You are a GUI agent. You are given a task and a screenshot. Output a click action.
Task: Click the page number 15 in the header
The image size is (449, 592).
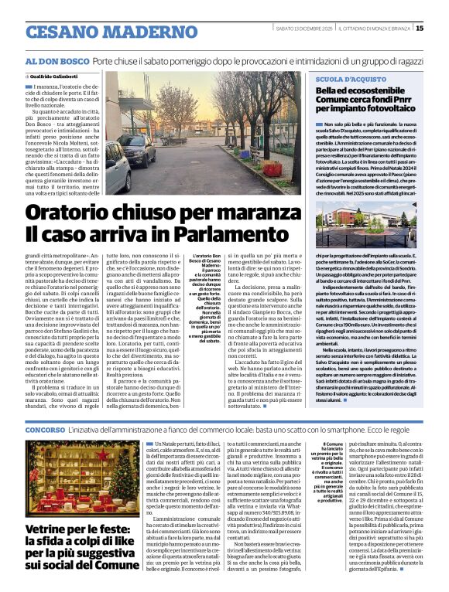pos(440,29)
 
